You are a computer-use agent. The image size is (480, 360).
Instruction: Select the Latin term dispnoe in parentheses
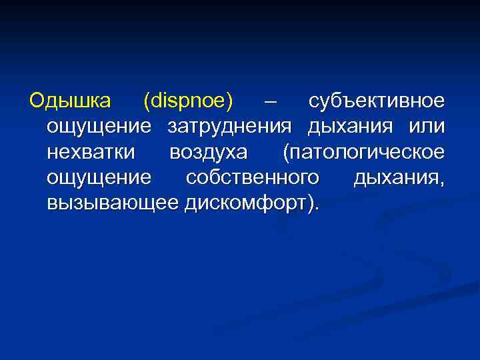tap(189, 103)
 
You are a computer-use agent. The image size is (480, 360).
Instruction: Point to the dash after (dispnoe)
tap(270, 103)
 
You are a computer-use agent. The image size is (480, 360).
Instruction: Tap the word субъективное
tap(376, 102)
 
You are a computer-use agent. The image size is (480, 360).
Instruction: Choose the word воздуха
tap(209, 153)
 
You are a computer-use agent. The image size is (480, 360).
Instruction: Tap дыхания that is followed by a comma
tap(392, 178)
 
